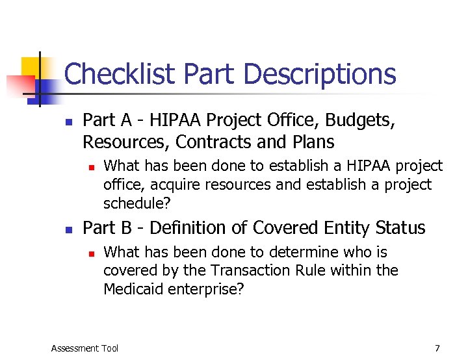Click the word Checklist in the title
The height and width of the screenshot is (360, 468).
pyautogui.click(x=120, y=75)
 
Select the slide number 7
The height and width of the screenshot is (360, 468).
pyautogui.click(x=437, y=348)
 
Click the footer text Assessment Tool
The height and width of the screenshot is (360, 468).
pyautogui.click(x=84, y=348)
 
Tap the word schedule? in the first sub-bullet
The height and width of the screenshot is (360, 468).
pyautogui.click(x=136, y=203)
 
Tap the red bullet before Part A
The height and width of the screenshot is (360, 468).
pyautogui.click(x=68, y=121)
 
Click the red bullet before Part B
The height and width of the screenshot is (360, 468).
pyautogui.click(x=68, y=229)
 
